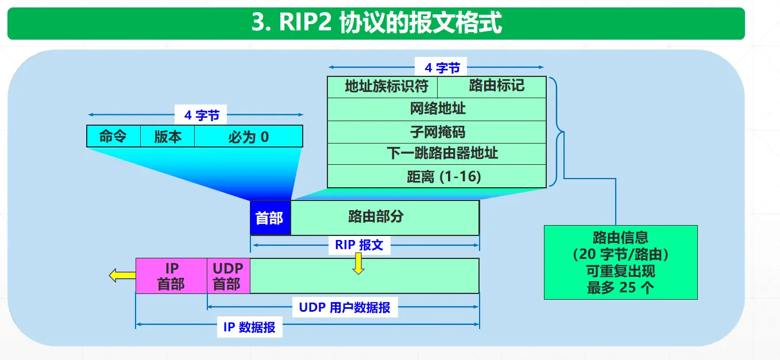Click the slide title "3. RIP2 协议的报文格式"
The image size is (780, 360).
point(376,24)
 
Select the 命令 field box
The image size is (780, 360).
point(113,137)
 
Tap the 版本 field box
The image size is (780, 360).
point(168,137)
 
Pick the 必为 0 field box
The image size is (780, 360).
point(248,137)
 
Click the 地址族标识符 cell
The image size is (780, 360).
point(383,87)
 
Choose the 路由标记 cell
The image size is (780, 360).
point(492,87)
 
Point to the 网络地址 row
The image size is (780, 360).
point(437,109)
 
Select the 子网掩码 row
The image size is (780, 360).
point(437,131)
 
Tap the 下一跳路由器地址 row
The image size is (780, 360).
point(437,153)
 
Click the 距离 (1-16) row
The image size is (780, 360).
point(437,176)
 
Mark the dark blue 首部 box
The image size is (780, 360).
point(270,218)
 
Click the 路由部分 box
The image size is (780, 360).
point(385,218)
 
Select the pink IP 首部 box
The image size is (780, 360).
point(171,276)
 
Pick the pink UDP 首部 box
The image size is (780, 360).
point(228,276)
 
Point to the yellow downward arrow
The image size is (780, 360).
point(358,264)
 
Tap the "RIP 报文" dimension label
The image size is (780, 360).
point(359,245)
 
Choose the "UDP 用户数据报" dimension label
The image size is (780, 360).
point(345,307)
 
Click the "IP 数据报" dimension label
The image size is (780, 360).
point(249,328)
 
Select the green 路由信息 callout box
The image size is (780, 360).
point(620,262)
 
